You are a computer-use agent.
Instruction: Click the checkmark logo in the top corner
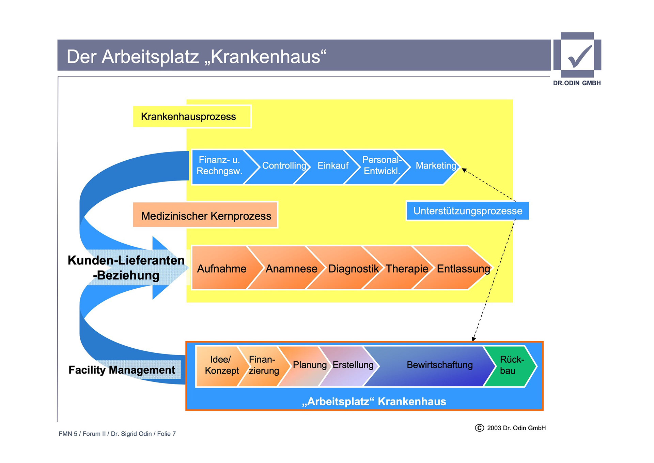click(577, 55)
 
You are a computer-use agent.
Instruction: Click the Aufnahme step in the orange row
click(222, 269)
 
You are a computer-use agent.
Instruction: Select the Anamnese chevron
click(291, 269)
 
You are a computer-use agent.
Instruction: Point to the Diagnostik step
click(353, 269)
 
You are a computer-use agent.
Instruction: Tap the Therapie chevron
click(407, 269)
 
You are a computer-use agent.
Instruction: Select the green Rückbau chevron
click(511, 365)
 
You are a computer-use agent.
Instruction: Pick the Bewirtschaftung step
click(439, 365)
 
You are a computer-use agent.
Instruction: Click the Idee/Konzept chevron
click(221, 365)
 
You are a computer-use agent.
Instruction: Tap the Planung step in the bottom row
click(309, 365)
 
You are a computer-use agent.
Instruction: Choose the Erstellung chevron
click(353, 365)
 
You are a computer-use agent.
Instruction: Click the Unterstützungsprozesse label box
click(467, 211)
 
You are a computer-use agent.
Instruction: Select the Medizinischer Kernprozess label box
click(205, 216)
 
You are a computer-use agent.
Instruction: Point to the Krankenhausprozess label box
click(192, 117)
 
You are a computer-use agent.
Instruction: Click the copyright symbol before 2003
click(479, 428)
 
